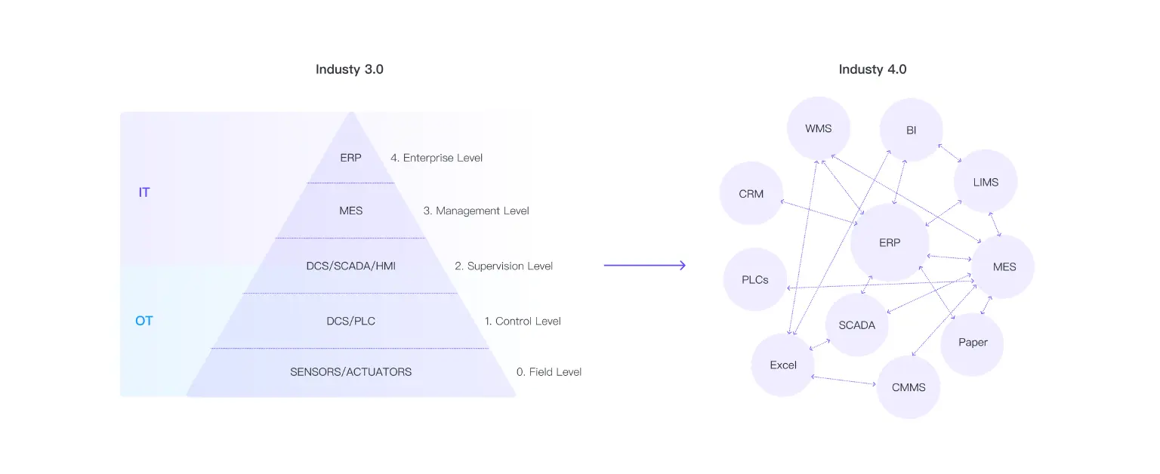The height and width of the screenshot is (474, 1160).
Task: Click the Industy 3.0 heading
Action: [349, 69]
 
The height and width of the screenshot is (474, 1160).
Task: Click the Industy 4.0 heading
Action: [872, 69]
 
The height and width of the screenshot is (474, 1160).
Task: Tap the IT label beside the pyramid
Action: [143, 192]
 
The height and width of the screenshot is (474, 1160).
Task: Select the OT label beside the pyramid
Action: [143, 321]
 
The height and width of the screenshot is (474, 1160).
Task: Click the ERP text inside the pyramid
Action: [350, 158]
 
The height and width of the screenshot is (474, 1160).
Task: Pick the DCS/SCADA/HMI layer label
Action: [350, 266]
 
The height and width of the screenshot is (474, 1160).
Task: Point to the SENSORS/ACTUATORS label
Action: [350, 371]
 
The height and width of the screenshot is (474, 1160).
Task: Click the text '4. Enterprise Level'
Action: [437, 158]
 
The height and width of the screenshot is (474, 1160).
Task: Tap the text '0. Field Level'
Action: [549, 371]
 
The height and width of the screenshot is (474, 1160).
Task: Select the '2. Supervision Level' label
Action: [504, 266]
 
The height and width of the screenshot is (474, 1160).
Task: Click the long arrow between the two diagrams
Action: [644, 265]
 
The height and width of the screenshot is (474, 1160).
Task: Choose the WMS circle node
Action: [818, 128]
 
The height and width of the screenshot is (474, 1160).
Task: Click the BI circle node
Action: [911, 130]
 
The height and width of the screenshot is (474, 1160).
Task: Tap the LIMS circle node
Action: [986, 182]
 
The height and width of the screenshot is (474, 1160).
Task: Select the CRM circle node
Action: [751, 193]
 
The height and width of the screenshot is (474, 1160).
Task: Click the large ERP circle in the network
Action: [890, 243]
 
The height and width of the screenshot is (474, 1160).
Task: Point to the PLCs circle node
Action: [754, 279]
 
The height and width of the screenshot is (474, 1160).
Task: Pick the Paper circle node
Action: [973, 343]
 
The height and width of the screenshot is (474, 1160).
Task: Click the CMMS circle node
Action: [909, 387]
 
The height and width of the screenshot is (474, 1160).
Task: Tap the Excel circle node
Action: [783, 365]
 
